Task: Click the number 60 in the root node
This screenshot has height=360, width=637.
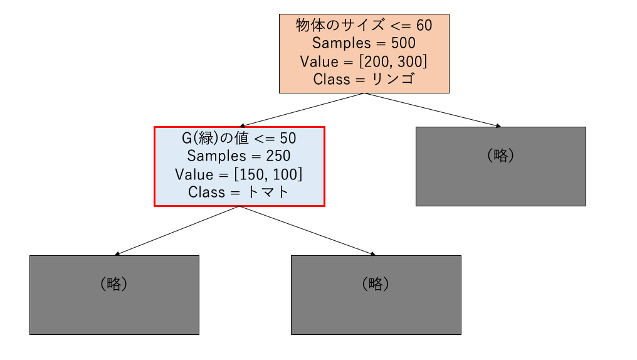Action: coord(424,26)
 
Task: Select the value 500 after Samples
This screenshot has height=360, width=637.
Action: coord(403,43)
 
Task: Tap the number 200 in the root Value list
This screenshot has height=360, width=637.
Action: coord(376,61)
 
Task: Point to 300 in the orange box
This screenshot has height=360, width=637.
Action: coord(410,61)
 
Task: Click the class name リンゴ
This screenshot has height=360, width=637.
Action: coord(394,79)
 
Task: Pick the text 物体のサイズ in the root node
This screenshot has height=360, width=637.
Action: coord(340,25)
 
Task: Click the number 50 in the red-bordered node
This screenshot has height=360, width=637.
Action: coord(288,139)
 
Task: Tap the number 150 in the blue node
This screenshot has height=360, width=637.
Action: coord(252,175)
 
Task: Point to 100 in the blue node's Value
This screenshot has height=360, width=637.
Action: coord(286,175)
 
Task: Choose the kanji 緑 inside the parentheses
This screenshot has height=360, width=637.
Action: coord(206,138)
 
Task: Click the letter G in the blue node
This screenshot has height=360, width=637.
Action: coord(186,139)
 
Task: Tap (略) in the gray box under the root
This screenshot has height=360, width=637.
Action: coord(500,155)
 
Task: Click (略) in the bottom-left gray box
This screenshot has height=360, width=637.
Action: coord(113,283)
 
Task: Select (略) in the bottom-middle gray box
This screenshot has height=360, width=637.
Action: coord(376,283)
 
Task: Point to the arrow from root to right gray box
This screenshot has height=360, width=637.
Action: coord(433,110)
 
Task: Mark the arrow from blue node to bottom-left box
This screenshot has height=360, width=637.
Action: coord(177,231)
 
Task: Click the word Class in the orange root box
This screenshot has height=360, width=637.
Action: coord(332,79)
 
